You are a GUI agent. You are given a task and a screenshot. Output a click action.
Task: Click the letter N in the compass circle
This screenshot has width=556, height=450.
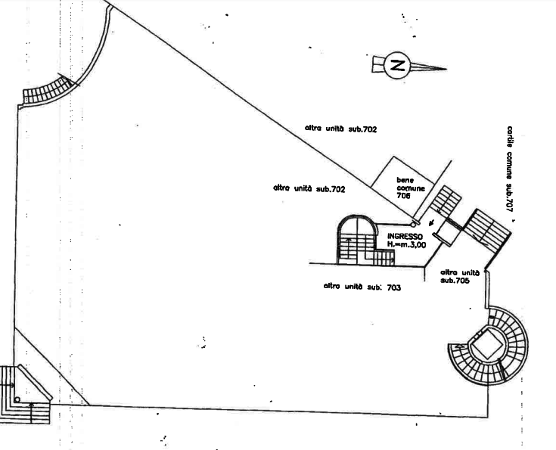pyautogui.click(x=397, y=66)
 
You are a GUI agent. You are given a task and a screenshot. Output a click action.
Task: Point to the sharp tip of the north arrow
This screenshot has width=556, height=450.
pyautogui.click(x=446, y=69)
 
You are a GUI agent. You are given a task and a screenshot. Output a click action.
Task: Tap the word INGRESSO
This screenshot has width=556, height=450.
pyautogui.click(x=405, y=236)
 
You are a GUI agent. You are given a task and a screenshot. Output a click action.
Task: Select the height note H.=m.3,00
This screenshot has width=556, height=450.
pyautogui.click(x=406, y=244)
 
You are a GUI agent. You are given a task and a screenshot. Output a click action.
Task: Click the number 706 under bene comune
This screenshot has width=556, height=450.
pyautogui.click(x=403, y=195)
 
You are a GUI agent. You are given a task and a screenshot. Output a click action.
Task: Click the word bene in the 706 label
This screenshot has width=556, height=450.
pyautogui.click(x=405, y=180)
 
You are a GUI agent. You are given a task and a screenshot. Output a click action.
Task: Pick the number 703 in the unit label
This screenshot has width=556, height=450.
pyautogui.click(x=394, y=287)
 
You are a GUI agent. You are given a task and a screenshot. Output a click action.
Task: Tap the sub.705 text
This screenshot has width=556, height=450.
pyautogui.click(x=455, y=280)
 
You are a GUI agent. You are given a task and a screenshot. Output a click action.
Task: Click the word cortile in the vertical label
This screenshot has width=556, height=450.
pyautogui.click(x=510, y=137)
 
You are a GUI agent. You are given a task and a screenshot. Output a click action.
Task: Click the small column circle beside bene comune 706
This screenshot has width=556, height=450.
pyautogui.click(x=413, y=225)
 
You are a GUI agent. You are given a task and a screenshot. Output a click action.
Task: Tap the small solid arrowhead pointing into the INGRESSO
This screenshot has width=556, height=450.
pyautogui.click(x=431, y=223)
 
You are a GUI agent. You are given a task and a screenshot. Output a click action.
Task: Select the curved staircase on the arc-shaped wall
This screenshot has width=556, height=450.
pyautogui.click(x=48, y=91)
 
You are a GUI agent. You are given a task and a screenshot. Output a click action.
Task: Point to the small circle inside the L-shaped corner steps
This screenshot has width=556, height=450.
pyautogui.click(x=17, y=399)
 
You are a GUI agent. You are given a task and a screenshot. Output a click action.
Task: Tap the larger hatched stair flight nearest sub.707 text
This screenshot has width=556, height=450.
pyautogui.click(x=487, y=231)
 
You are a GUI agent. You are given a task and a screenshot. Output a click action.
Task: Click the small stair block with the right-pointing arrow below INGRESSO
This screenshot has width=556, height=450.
pyautogui.click(x=384, y=257)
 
